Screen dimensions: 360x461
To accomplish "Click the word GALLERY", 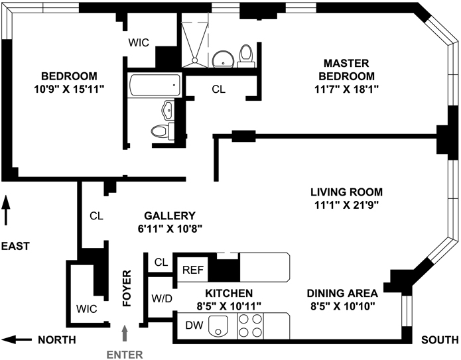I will pos(170,215).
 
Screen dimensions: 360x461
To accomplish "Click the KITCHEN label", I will pos(228,293).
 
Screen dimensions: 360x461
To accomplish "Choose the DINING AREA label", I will pos(342,293).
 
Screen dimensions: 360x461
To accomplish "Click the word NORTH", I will pos(56,340).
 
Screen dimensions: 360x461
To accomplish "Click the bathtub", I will pos(154,84).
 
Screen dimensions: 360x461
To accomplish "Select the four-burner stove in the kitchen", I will pos(249,326).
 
